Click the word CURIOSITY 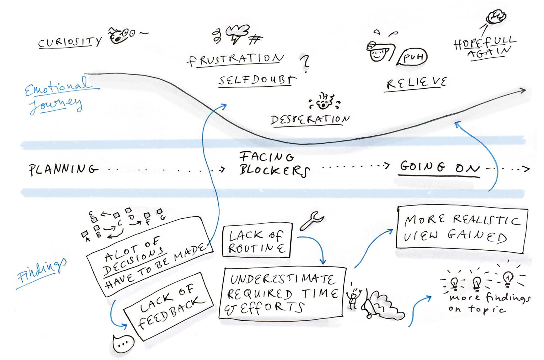(x=70, y=43)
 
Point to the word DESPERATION (x=310, y=119)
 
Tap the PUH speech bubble (x=412, y=57)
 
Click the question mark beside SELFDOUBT (x=305, y=63)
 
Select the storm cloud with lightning (x=238, y=33)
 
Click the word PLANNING (x=63, y=169)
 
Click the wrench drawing (x=311, y=220)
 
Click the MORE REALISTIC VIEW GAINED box (x=461, y=229)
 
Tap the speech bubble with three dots (x=123, y=344)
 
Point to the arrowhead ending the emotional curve (x=522, y=90)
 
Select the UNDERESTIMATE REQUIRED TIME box (x=282, y=293)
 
